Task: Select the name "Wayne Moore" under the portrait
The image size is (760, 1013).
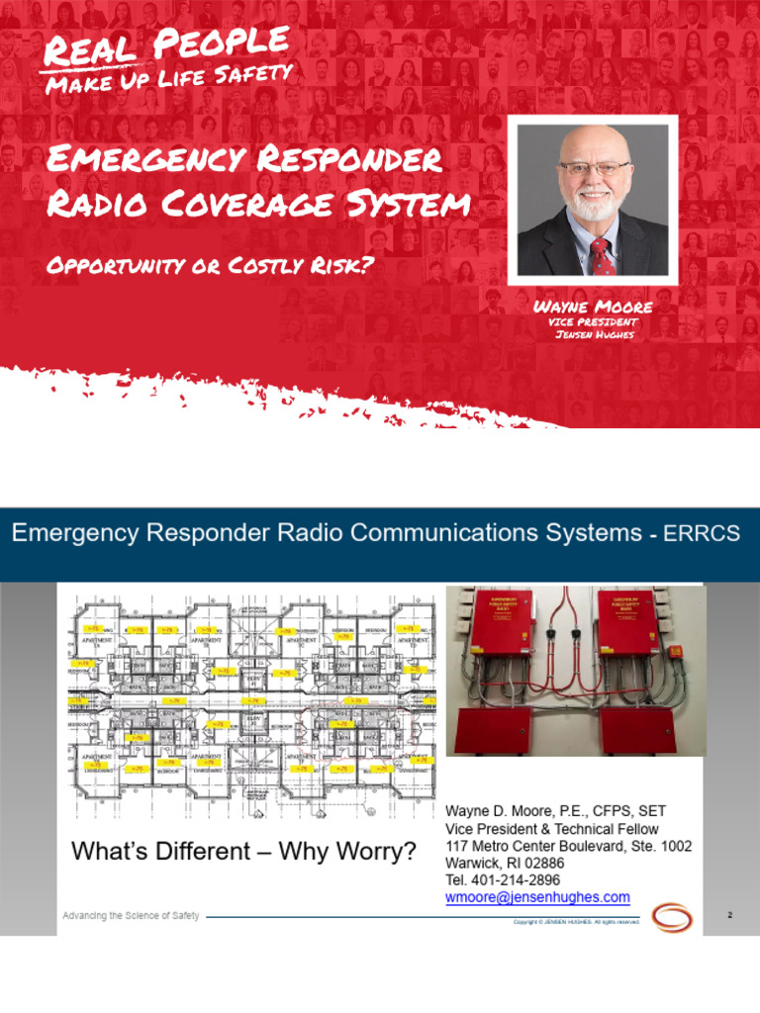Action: click(593, 308)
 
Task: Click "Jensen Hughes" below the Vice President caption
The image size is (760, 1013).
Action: click(593, 334)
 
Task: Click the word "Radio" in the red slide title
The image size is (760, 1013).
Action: click(95, 205)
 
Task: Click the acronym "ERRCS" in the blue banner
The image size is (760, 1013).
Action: click(704, 534)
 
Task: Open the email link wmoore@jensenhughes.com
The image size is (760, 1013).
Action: click(537, 897)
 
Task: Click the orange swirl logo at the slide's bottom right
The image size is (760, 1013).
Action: click(672, 917)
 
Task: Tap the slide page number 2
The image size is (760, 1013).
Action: click(730, 916)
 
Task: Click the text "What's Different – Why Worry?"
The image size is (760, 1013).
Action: click(243, 851)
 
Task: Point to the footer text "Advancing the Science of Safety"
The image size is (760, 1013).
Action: click(131, 916)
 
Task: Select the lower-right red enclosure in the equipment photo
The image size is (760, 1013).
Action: click(637, 730)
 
